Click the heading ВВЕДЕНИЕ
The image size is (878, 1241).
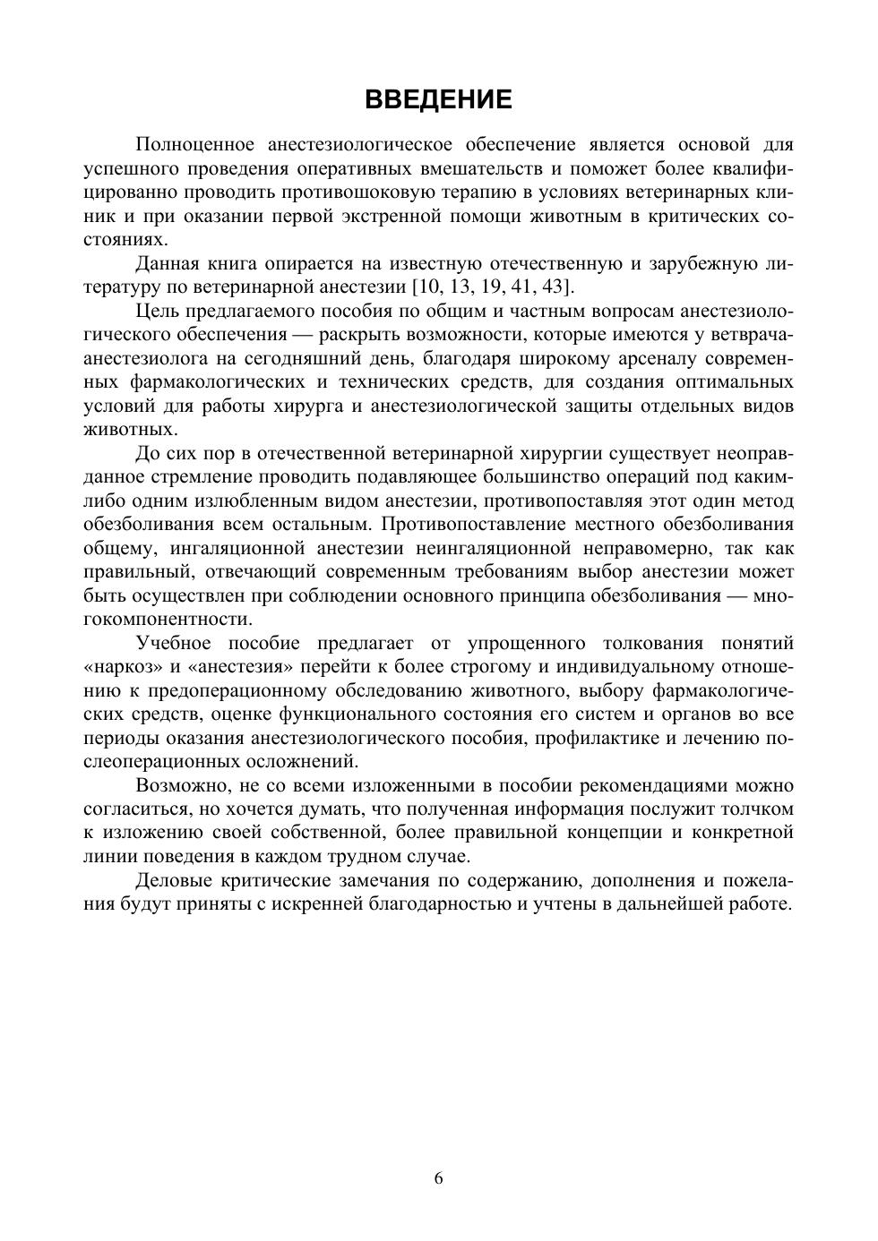[438, 99]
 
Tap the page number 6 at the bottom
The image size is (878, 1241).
[439, 1178]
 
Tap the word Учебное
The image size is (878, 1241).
[174, 643]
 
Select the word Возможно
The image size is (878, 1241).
[178, 785]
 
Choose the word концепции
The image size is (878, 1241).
[617, 832]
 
